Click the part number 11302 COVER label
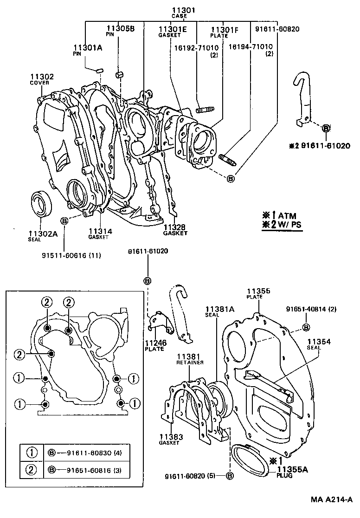[x=42, y=79]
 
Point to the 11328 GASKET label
[x=175, y=230]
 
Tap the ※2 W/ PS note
[x=283, y=225]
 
